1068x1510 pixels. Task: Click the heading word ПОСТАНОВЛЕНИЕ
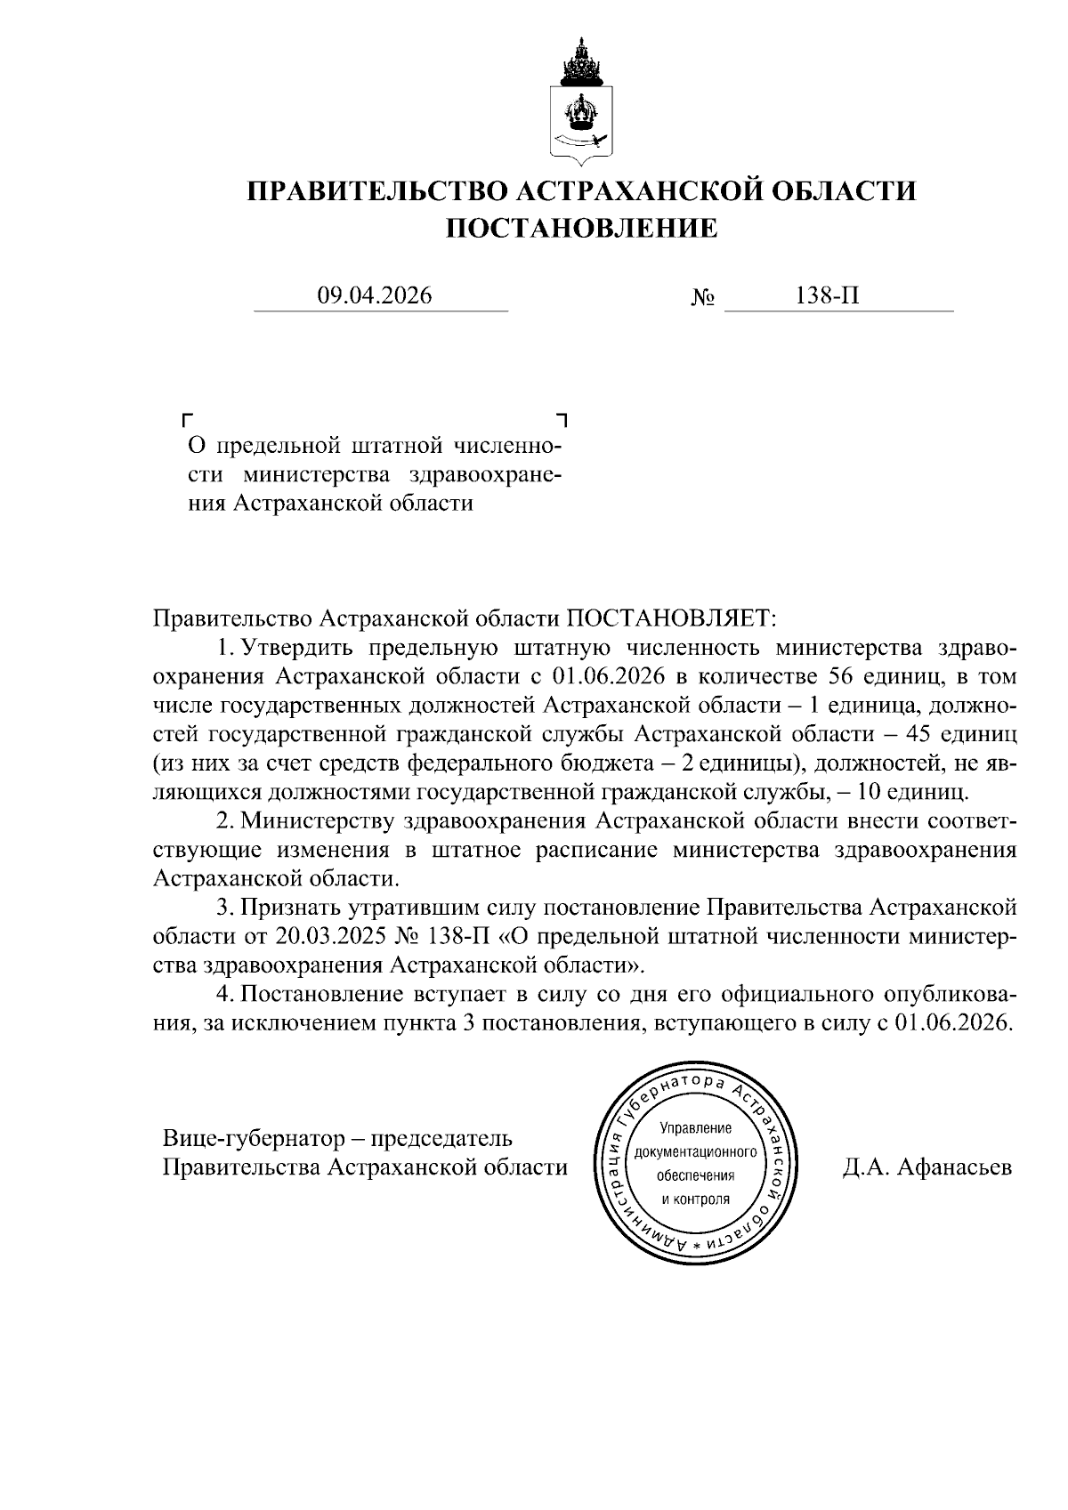(581, 229)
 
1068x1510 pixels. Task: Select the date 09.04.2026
(374, 295)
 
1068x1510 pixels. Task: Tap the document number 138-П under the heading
(828, 295)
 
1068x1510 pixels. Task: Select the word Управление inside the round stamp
(695, 1129)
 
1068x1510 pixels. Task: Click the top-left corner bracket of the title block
(186, 417)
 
